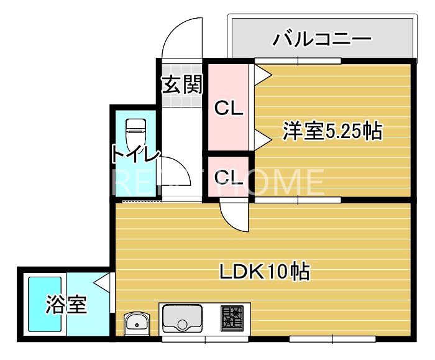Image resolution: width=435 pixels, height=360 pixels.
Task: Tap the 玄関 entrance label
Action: (x=182, y=85)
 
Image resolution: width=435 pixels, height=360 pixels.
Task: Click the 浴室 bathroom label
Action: (x=66, y=305)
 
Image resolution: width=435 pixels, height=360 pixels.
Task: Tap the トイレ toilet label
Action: (x=136, y=155)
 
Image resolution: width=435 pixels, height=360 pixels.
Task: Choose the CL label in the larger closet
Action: (x=228, y=108)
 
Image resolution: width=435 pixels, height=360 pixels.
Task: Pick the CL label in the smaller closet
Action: (x=228, y=177)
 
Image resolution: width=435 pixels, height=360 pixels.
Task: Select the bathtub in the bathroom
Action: (x=45, y=305)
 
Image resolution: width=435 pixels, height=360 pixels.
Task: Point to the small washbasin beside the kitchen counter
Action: (x=137, y=321)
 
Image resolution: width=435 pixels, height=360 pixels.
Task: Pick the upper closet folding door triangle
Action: (x=262, y=74)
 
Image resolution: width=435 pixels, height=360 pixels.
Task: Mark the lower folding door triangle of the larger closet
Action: (x=262, y=142)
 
